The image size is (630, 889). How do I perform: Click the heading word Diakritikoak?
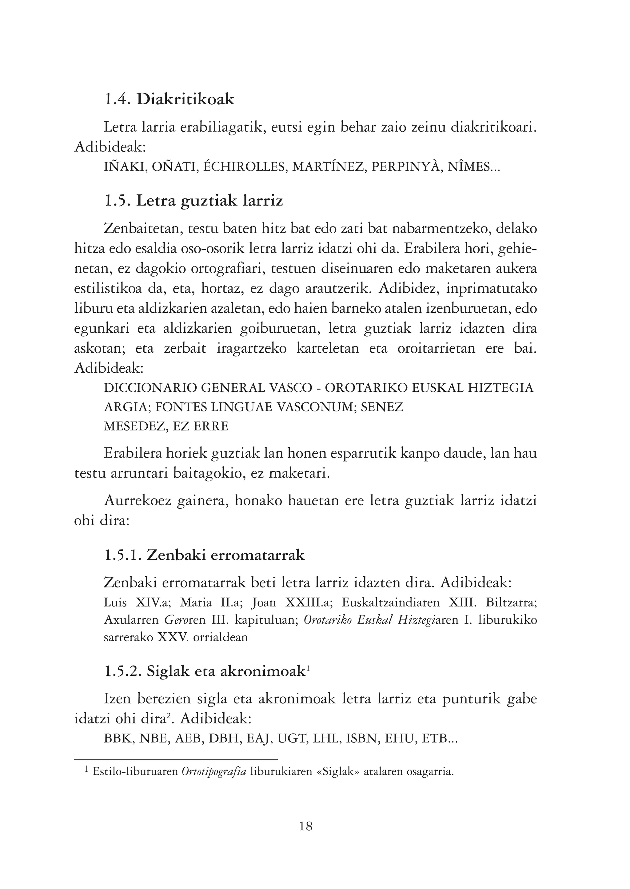coord(185,99)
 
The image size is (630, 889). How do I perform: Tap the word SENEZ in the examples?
coord(382,407)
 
